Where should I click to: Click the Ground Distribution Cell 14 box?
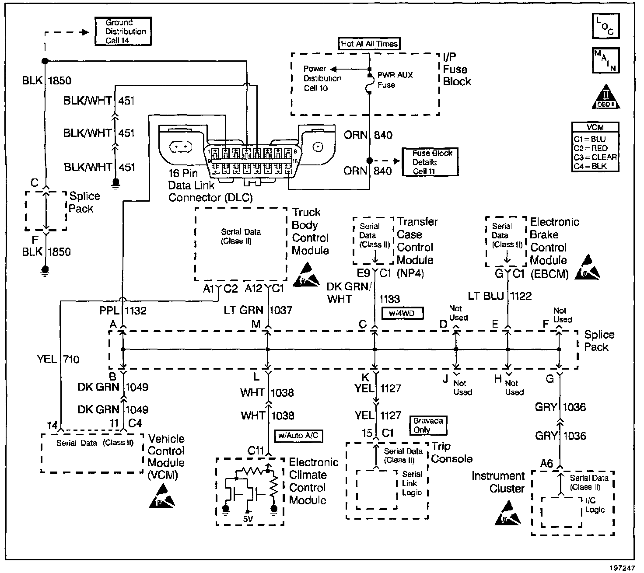[123, 31]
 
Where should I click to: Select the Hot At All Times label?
[369, 44]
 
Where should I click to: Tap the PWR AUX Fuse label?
[395, 80]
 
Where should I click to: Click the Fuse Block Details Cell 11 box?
[430, 162]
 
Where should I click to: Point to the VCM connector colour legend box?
[595, 147]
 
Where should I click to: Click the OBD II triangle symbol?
[606, 98]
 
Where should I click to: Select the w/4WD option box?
[402, 313]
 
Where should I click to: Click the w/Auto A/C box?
[298, 436]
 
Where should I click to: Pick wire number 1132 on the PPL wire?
[136, 311]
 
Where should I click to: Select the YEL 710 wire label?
[58, 360]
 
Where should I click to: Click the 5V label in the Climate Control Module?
[248, 520]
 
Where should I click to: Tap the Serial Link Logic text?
[412, 483]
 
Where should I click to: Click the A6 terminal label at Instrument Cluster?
[546, 464]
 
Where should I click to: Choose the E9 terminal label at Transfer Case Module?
[364, 274]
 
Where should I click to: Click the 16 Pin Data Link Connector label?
[210, 185]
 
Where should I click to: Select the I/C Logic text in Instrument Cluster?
[595, 505]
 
